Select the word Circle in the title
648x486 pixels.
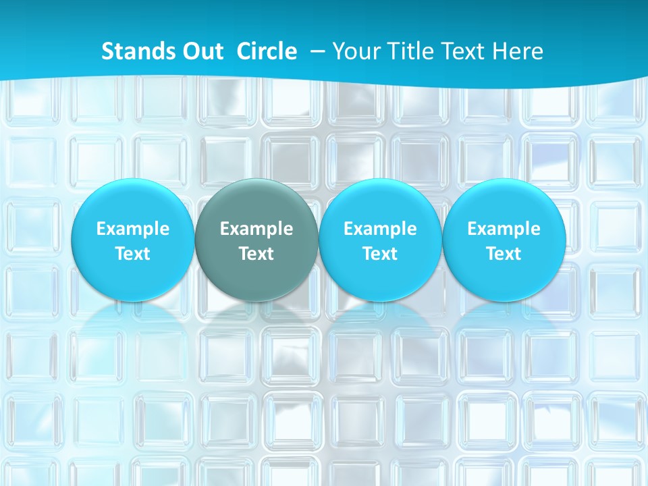pyautogui.click(x=267, y=51)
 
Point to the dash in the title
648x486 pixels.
pyautogui.click(x=317, y=52)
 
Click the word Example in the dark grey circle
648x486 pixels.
pyautogui.click(x=256, y=229)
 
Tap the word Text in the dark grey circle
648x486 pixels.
pyautogui.click(x=256, y=254)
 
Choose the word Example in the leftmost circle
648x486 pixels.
pyautogui.click(x=133, y=229)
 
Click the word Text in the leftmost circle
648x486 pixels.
pyautogui.click(x=133, y=254)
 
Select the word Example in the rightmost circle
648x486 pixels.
pyautogui.click(x=504, y=229)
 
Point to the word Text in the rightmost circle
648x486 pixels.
pyautogui.click(x=504, y=254)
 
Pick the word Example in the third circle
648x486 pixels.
pyautogui.click(x=380, y=229)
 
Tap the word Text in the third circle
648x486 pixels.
pyautogui.click(x=380, y=254)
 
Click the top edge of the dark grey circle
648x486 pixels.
pyautogui.click(x=256, y=180)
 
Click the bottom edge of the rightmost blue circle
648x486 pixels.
pyautogui.click(x=504, y=300)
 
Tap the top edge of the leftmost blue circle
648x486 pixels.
pyautogui.click(x=133, y=180)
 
